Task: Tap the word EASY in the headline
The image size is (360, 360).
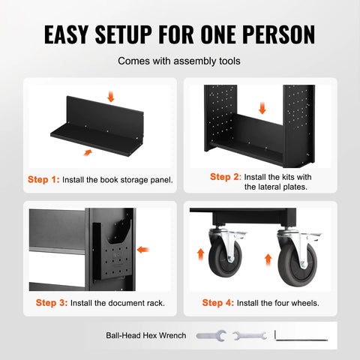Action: click(x=66, y=34)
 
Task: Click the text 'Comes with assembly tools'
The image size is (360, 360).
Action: click(x=179, y=61)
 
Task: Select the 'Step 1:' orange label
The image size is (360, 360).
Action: click(x=43, y=179)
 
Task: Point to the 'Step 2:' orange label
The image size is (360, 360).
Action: click(x=226, y=177)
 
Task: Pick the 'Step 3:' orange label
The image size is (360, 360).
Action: click(x=52, y=303)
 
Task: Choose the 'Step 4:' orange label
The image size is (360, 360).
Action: click(x=218, y=303)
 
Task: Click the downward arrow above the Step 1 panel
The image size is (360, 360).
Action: click(x=110, y=97)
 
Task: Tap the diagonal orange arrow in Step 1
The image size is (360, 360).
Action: click(x=88, y=152)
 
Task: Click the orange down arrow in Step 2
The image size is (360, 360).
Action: click(x=262, y=108)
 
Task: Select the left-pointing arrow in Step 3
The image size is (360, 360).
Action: click(x=143, y=250)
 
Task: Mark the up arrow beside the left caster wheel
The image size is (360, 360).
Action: click(x=201, y=254)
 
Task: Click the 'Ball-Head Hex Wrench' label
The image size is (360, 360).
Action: click(x=146, y=335)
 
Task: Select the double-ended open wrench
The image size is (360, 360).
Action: click(x=250, y=336)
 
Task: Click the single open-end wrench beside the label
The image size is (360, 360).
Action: click(x=211, y=336)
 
